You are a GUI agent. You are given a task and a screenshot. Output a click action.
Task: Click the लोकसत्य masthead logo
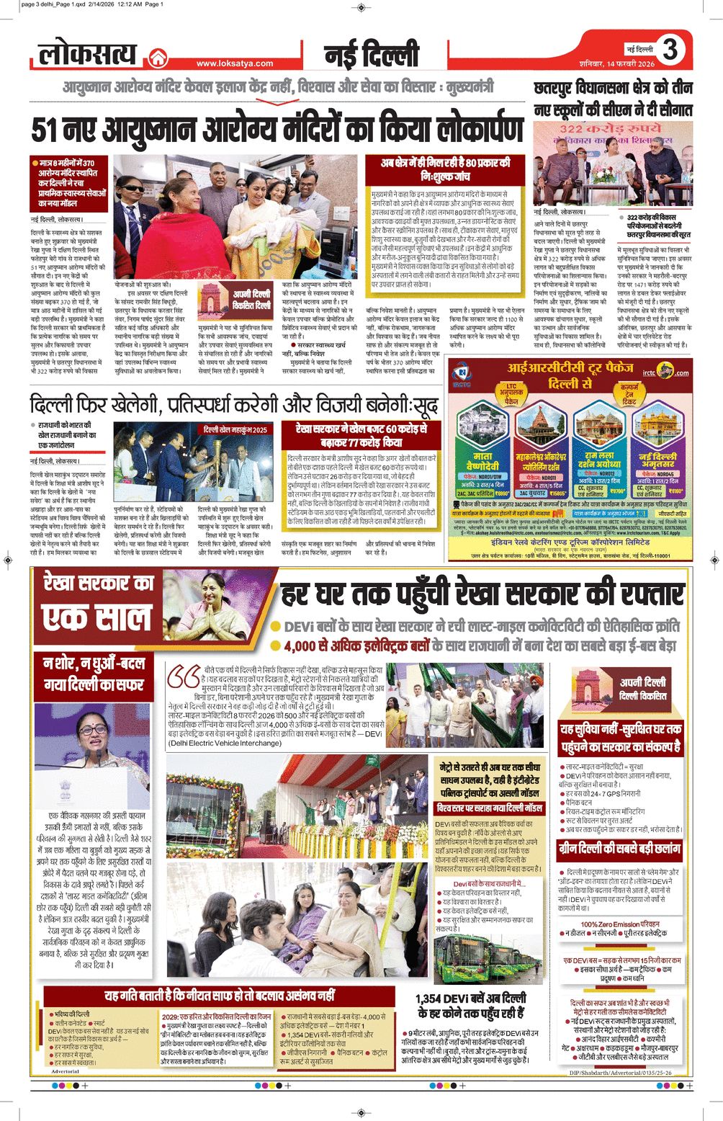87,54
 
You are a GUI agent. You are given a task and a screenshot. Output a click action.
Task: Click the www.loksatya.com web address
235,63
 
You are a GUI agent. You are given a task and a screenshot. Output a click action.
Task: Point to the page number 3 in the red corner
670,49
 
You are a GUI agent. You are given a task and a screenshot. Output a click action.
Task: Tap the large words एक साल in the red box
96,617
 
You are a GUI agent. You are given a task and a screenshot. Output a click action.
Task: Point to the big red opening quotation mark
183,677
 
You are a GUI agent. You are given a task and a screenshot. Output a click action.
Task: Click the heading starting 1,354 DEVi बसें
472,1005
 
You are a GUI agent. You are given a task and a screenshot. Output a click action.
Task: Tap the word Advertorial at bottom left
66,1071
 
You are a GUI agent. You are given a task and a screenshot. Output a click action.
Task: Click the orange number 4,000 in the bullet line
305,646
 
